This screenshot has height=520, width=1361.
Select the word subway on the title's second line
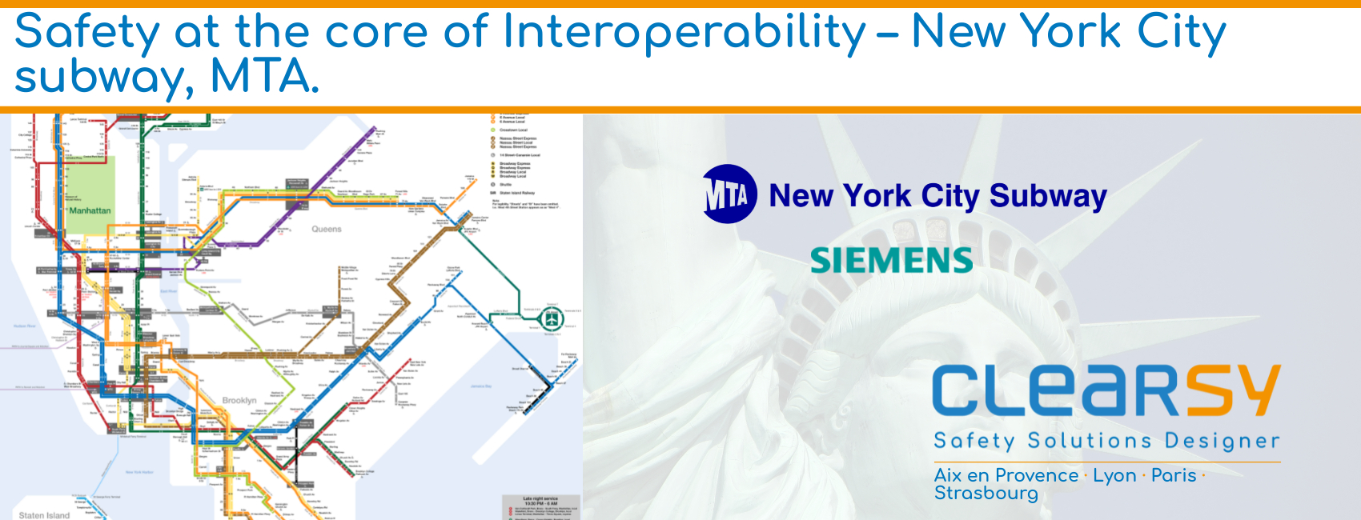(104, 78)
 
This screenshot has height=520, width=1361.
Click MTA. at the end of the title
(264, 77)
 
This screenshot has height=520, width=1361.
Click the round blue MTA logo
(729, 194)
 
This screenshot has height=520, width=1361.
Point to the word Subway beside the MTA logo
(1048, 196)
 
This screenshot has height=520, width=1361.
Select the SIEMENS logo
(891, 261)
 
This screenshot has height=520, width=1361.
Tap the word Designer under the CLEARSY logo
(1222, 441)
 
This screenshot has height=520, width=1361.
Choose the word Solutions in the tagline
(1090, 441)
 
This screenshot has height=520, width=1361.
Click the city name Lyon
(1114, 475)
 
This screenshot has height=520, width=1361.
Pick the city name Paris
(1174, 475)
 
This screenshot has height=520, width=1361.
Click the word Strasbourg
(986, 494)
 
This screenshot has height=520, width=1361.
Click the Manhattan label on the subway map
(90, 211)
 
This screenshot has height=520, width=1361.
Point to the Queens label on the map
(327, 230)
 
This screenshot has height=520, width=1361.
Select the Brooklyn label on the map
(239, 400)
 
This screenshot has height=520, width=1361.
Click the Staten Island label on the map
(44, 515)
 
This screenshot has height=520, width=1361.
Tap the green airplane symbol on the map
(552, 318)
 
